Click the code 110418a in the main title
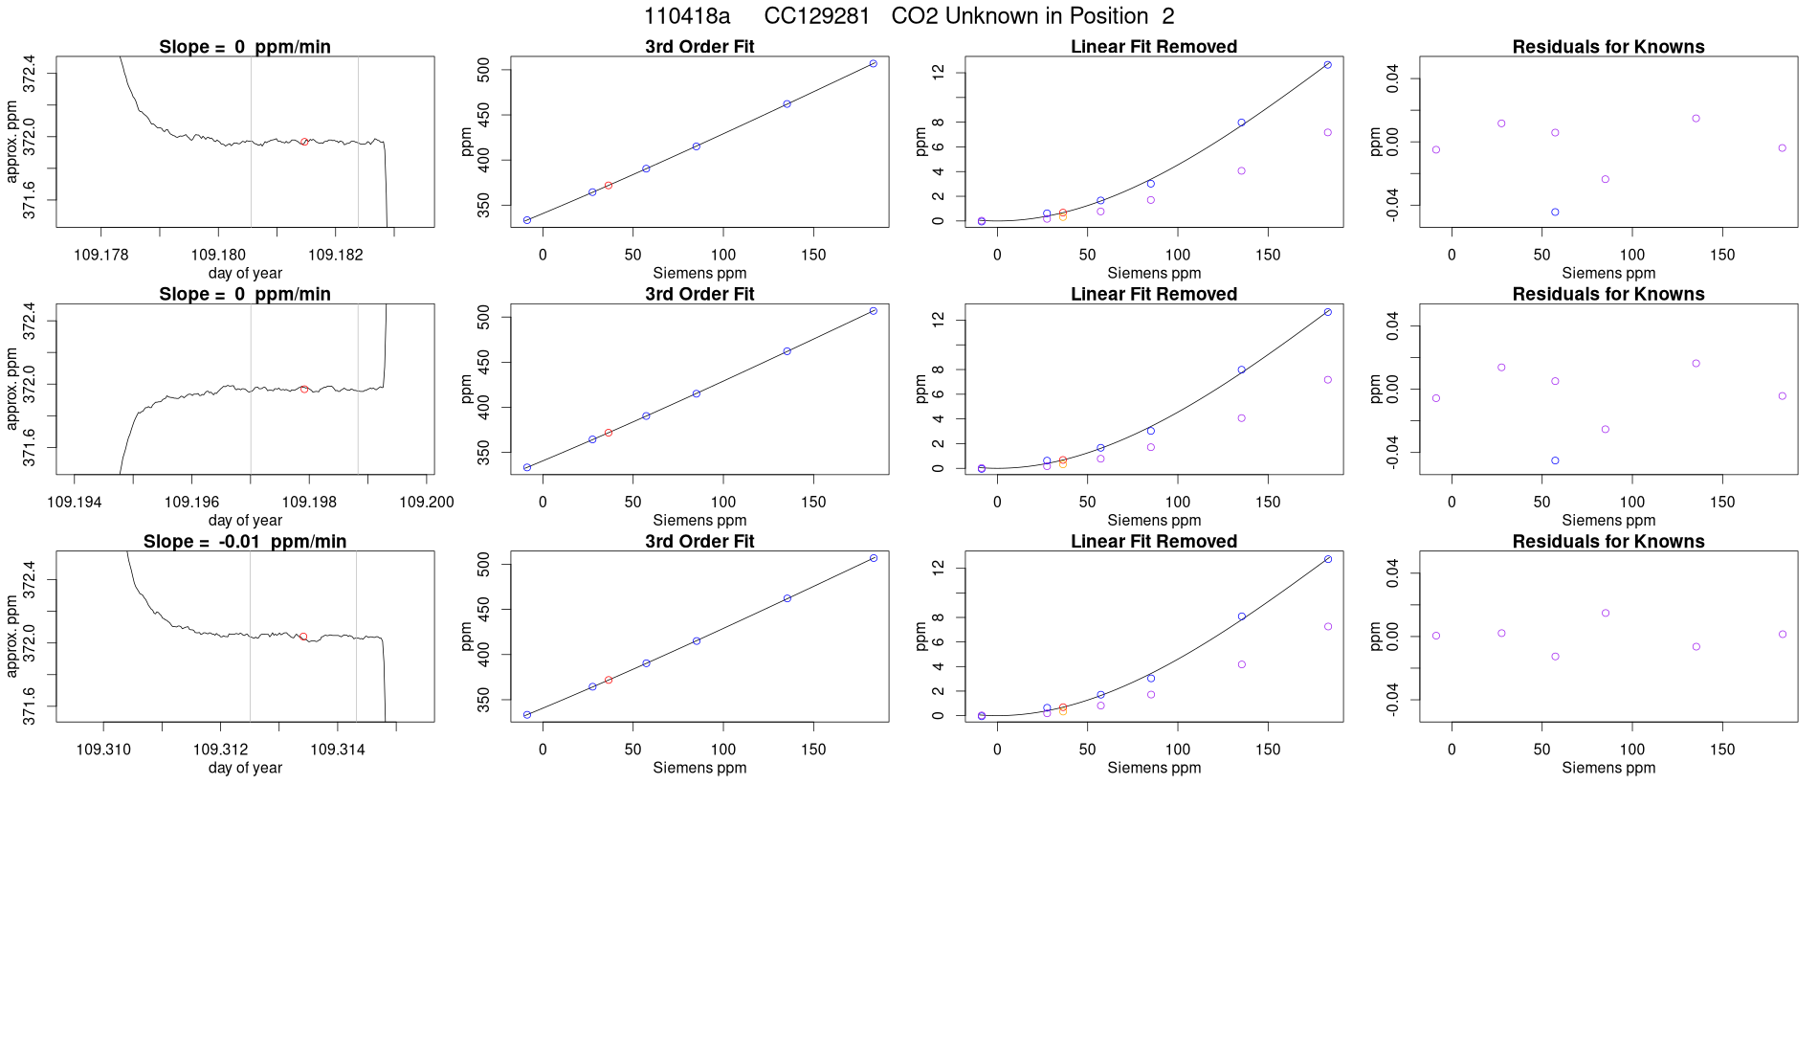click(687, 16)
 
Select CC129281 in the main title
click(817, 16)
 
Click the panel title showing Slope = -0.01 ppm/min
click(245, 542)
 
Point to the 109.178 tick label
click(100, 255)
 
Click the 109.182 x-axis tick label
click(335, 255)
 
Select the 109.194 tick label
click(75, 503)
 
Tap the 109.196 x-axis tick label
click(191, 503)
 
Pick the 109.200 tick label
click(427, 503)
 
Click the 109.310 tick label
click(103, 750)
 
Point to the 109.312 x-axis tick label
click(220, 750)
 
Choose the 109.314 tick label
click(338, 750)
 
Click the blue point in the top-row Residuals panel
click(1555, 213)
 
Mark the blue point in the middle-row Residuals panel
click(1555, 460)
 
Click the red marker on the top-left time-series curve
click(304, 142)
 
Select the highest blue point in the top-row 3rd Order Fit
click(873, 64)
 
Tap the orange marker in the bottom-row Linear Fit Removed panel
click(1063, 711)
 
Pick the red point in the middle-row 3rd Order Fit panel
click(609, 433)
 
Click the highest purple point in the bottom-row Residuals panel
click(1606, 613)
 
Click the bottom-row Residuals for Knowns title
click(1607, 542)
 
